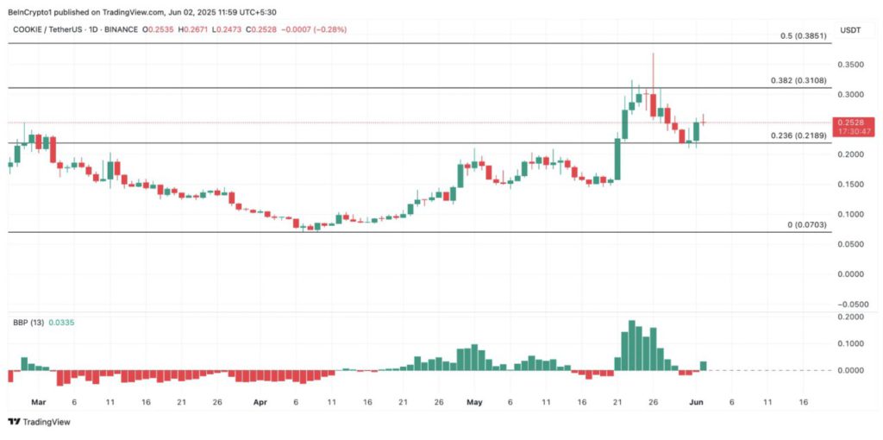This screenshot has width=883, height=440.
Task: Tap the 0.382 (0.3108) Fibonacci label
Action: [798, 80]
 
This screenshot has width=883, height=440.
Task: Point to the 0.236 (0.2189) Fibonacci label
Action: [798, 136]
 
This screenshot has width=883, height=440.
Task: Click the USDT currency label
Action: [851, 30]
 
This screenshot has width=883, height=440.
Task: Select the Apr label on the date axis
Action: [260, 402]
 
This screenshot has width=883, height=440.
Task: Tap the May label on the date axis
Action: [474, 402]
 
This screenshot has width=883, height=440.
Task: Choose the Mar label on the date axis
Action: [38, 402]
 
